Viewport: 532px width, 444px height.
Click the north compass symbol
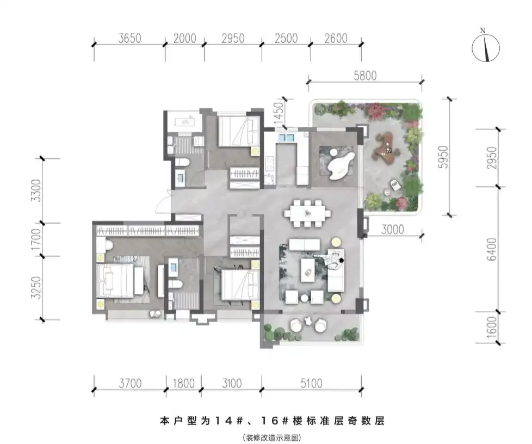(486, 47)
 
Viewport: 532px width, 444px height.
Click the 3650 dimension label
(129, 38)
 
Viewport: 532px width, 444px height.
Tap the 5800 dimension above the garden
(365, 76)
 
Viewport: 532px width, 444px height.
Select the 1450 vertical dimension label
(277, 113)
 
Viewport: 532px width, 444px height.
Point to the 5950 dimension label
(443, 157)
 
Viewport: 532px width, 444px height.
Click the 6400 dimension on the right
(492, 249)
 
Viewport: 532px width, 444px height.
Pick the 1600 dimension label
(492, 327)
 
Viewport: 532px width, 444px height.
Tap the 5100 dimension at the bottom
(311, 384)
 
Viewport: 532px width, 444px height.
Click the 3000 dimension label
(392, 230)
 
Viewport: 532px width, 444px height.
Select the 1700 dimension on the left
(36, 239)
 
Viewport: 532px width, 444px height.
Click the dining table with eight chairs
(307, 213)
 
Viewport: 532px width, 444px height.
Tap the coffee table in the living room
(308, 270)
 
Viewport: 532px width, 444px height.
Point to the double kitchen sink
(286, 138)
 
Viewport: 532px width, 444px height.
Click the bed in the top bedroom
(238, 131)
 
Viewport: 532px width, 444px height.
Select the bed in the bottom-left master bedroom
(115, 281)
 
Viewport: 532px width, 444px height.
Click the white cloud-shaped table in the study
(341, 165)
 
